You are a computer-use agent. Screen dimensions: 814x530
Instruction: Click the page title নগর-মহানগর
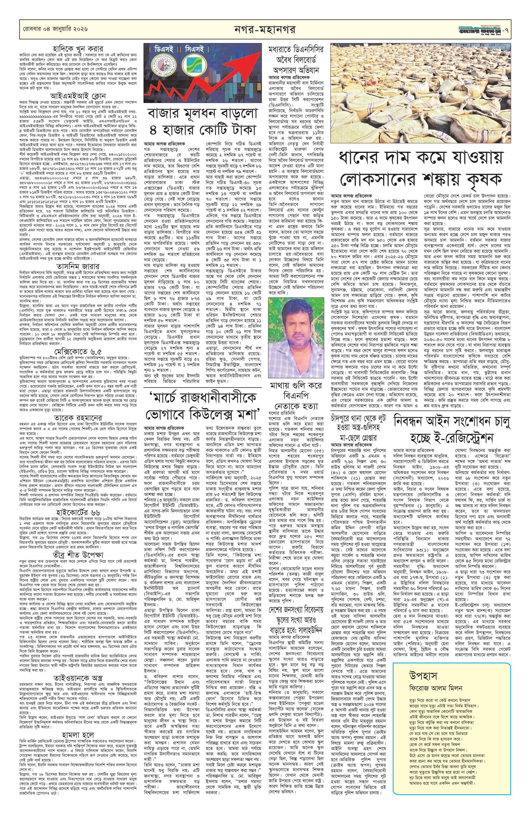[x=265, y=30]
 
